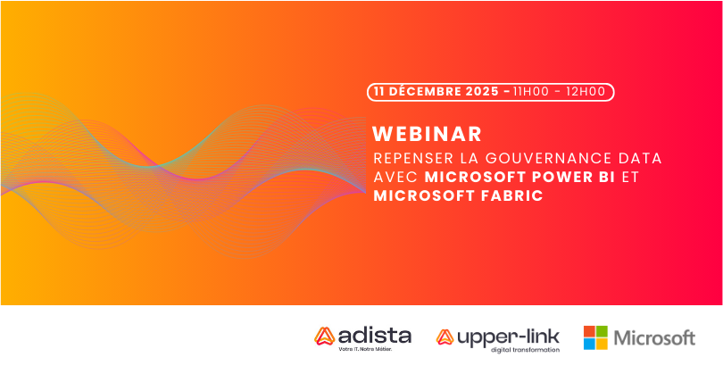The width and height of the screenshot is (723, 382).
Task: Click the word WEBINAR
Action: click(427, 134)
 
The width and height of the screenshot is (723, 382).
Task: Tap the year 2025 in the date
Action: click(482, 91)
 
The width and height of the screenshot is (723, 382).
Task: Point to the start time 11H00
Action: click(531, 91)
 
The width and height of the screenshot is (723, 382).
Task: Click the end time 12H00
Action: click(586, 91)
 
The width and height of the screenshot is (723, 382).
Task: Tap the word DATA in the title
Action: click(641, 159)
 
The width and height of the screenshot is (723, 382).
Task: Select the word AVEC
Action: click(395, 178)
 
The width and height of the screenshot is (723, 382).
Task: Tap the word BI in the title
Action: click(604, 178)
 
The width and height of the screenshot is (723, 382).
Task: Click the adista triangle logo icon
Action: click(324, 336)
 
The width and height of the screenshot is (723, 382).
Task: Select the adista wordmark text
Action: click(374, 336)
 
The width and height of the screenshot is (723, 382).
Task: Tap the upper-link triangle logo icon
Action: click(445, 337)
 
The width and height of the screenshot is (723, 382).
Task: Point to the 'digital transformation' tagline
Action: click(525, 350)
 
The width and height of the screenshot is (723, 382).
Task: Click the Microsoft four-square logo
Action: click(595, 337)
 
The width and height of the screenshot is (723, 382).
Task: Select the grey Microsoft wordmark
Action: click(654, 338)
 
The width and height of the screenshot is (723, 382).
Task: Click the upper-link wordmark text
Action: click(508, 337)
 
